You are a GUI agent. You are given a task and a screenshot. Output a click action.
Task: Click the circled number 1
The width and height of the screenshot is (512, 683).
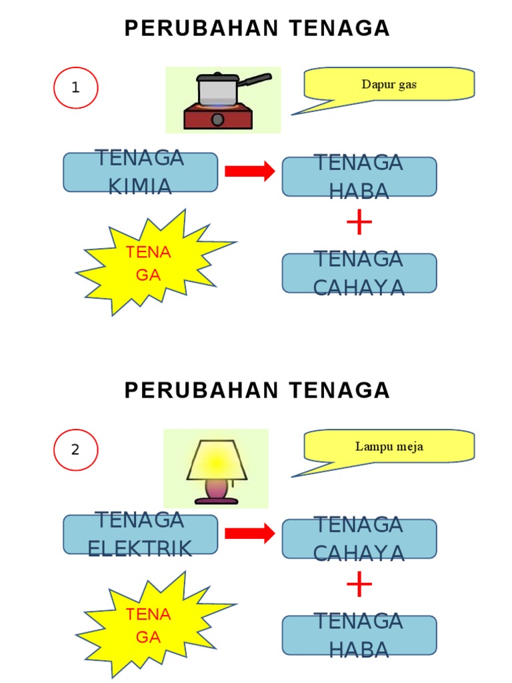(75, 87)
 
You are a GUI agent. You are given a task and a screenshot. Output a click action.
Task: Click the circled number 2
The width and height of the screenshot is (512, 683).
(75, 450)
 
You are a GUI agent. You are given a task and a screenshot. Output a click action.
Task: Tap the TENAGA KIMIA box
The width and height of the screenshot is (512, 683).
(140, 172)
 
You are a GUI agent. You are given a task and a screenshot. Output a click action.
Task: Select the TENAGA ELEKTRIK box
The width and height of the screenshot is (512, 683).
(140, 534)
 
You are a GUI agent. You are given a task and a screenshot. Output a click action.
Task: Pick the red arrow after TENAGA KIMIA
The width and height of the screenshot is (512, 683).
(250, 171)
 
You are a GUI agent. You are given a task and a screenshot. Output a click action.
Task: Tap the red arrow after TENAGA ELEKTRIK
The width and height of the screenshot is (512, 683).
(250, 533)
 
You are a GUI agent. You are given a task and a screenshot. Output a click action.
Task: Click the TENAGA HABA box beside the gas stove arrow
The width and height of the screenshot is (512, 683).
(359, 177)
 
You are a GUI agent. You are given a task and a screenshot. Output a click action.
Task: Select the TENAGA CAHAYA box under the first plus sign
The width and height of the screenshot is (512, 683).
(359, 273)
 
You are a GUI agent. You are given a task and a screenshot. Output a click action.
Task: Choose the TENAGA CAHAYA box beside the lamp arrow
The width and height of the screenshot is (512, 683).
(359, 539)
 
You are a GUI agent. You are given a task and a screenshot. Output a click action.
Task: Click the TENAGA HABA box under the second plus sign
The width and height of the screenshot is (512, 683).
(359, 635)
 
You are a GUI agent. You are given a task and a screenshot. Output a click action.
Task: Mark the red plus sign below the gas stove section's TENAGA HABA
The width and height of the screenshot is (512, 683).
(359, 223)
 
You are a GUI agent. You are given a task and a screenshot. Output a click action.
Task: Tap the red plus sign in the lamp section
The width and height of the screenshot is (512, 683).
(359, 586)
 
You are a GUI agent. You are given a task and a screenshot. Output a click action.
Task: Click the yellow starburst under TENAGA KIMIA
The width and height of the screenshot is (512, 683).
(150, 263)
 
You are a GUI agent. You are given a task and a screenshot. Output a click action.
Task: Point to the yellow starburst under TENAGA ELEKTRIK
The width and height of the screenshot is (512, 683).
(150, 625)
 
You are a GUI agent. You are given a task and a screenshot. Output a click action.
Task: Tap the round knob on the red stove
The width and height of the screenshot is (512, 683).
(218, 120)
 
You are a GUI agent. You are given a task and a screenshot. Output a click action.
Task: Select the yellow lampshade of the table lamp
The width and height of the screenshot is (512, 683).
(216, 460)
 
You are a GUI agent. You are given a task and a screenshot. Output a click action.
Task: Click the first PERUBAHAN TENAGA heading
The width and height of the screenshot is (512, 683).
(257, 29)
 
